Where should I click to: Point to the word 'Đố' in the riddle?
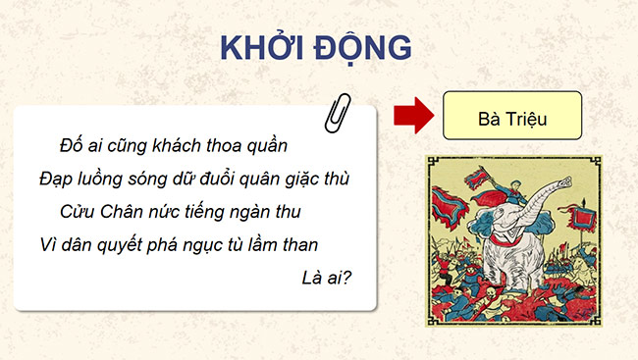tap(71, 146)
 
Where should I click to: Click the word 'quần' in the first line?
tap(266, 146)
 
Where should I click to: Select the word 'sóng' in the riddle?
tap(158, 179)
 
